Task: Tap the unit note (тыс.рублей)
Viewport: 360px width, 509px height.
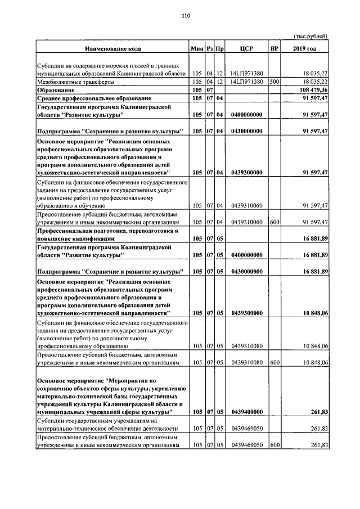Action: [x=310, y=37]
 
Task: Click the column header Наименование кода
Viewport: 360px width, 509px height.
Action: [x=113, y=48]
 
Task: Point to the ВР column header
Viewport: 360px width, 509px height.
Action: [x=274, y=48]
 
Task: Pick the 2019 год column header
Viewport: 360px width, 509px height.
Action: [x=305, y=48]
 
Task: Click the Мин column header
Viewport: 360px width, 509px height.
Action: [x=197, y=48]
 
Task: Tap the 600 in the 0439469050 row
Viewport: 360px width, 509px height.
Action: [x=274, y=445]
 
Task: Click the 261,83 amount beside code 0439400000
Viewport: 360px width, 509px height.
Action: [x=319, y=412]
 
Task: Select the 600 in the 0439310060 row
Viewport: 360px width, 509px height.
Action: [x=274, y=222]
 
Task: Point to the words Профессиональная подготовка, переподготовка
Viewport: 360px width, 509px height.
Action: [x=104, y=231]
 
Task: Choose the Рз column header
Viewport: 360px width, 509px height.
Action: [x=209, y=48]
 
